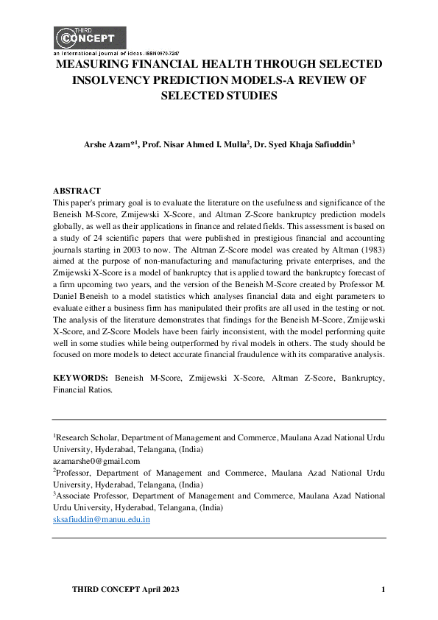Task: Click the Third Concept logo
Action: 89,38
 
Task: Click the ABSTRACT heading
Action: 77,191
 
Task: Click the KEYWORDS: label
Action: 80,378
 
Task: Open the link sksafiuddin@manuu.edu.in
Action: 102,519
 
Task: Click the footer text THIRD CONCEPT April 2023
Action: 125,591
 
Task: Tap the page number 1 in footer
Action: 383,591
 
